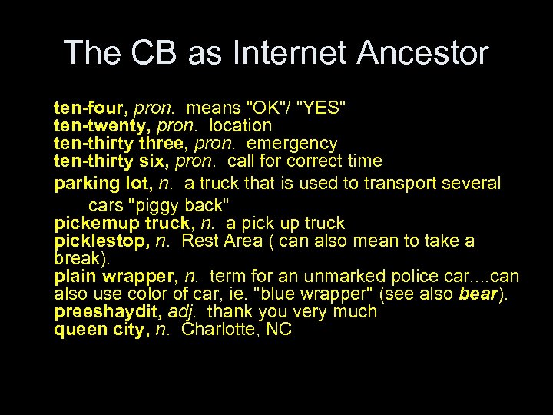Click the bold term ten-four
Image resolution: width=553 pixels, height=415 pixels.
coord(84,106)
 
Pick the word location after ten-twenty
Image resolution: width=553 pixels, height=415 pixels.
coord(240,124)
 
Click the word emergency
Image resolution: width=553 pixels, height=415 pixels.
coord(295,143)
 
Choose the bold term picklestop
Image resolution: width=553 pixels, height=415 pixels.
coord(101,241)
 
